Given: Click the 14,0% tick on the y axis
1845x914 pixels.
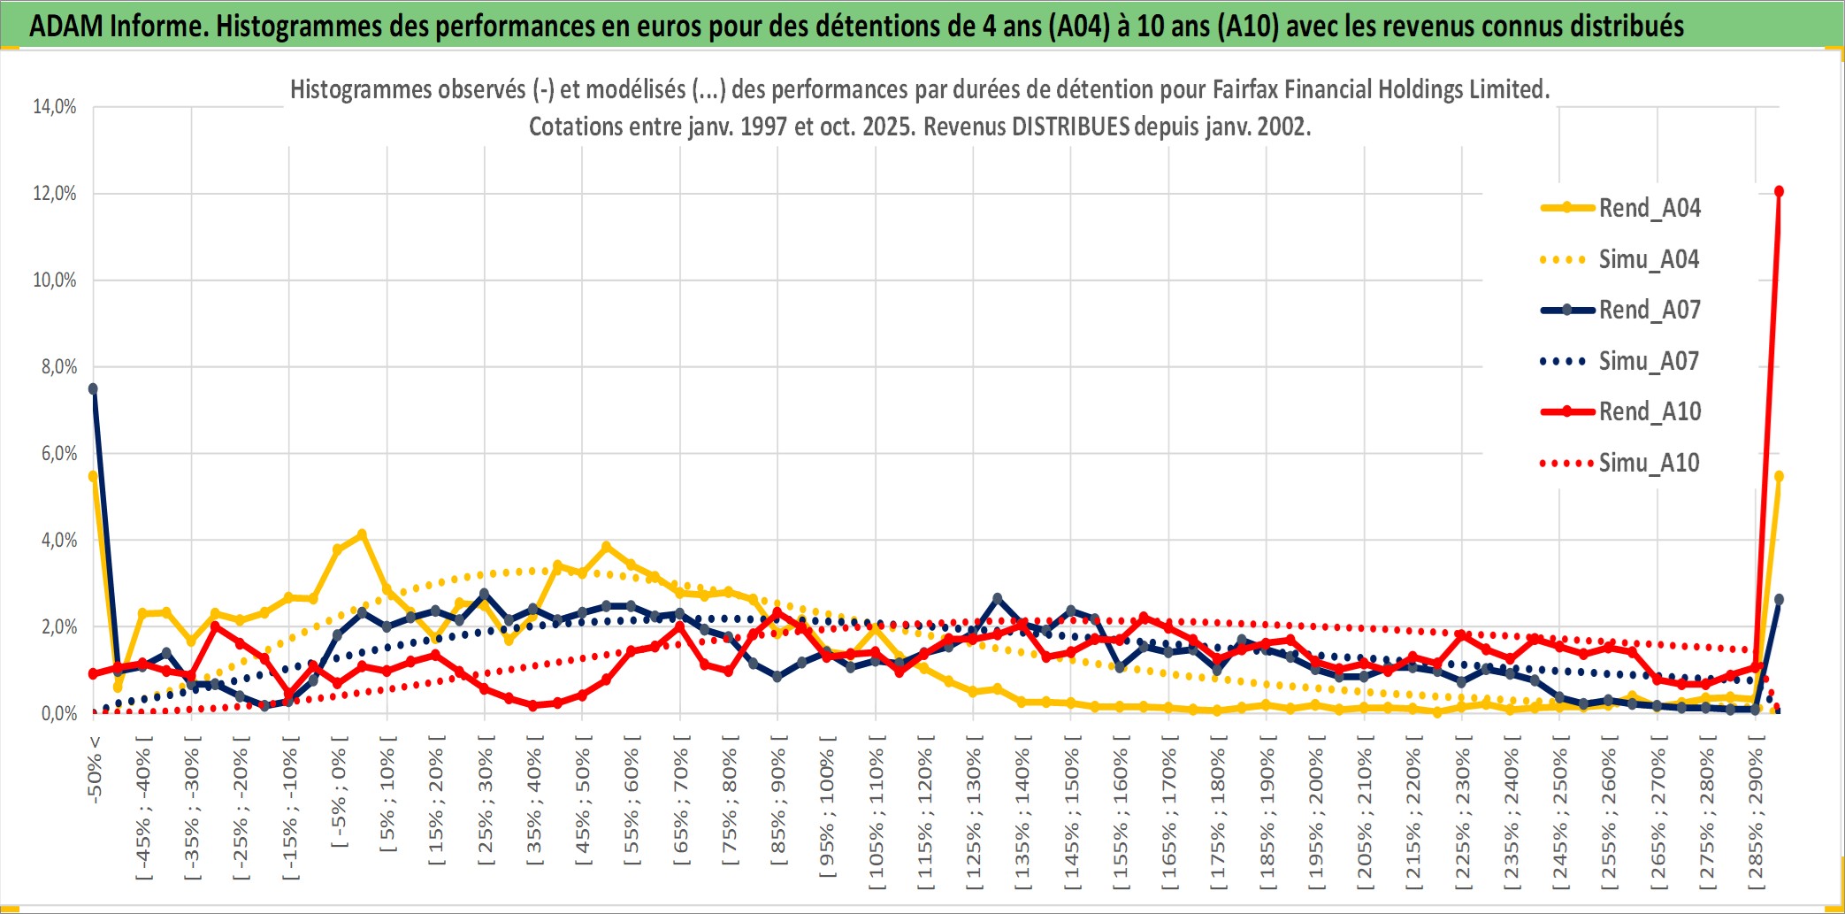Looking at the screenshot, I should point(55,107).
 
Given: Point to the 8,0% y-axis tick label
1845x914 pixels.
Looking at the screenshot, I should point(58,367).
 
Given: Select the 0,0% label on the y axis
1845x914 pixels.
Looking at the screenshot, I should point(58,714).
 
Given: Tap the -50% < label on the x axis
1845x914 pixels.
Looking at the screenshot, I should point(95,769).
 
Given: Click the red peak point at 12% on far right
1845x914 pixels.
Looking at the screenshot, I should point(1779,191).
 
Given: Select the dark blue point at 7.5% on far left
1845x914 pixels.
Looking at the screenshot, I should point(93,388).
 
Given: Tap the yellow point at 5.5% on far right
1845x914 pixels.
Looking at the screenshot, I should point(1779,476).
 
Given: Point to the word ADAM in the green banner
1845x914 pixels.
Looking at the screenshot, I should point(66,27).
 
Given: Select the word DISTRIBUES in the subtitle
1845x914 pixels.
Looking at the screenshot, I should point(1070,127).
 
